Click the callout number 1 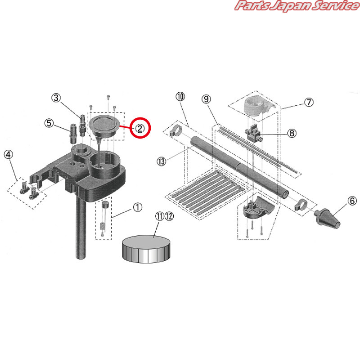pyautogui.click(x=138, y=207)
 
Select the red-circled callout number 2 pyautogui.click(x=140, y=128)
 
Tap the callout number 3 pyautogui.click(x=56, y=98)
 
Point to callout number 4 pyautogui.click(x=9, y=154)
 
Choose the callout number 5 pyautogui.click(x=49, y=123)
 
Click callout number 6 pyautogui.click(x=352, y=201)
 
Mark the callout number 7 pyautogui.click(x=309, y=103)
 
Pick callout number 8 pyautogui.click(x=292, y=133)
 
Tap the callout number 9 pyautogui.click(x=206, y=99)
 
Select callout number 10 pyautogui.click(x=180, y=97)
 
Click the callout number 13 pyautogui.click(x=162, y=162)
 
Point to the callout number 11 pyautogui.click(x=160, y=216)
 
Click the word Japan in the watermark pyautogui.click(x=290, y=6)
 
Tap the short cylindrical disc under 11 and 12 pyautogui.click(x=146, y=249)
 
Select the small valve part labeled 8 pyautogui.click(x=253, y=133)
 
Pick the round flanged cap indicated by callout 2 pyautogui.click(x=104, y=127)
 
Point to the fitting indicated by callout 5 pyautogui.click(x=73, y=133)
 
